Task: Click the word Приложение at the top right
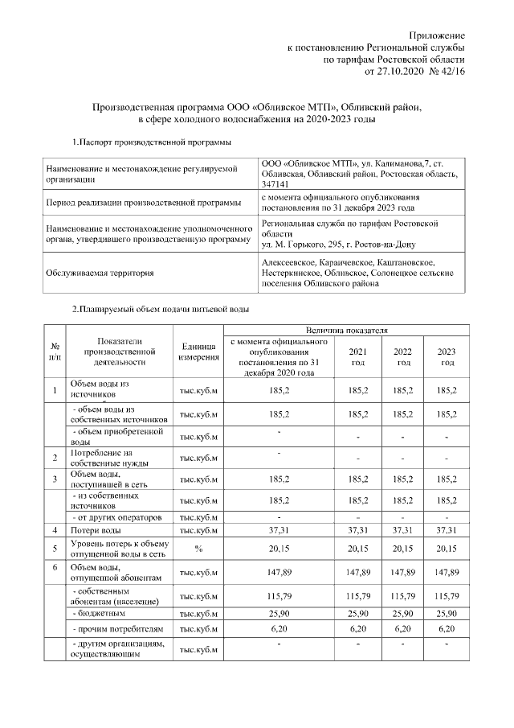pos(437,37)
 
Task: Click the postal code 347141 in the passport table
pos(277,184)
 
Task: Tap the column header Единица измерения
pos(200,352)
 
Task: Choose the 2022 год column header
pos(403,357)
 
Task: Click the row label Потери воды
pos(96,530)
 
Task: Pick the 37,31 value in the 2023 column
pos(446,530)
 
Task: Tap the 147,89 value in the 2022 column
pos(403,572)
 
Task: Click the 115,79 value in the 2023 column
pos(446,595)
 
